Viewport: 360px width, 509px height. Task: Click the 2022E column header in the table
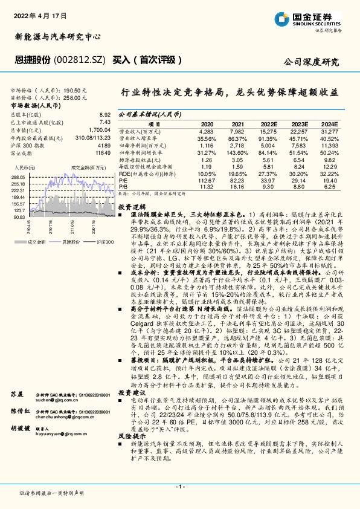tap(268, 122)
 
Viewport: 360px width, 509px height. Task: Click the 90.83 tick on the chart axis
tap(19, 216)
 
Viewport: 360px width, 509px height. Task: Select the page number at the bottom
tap(179, 487)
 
